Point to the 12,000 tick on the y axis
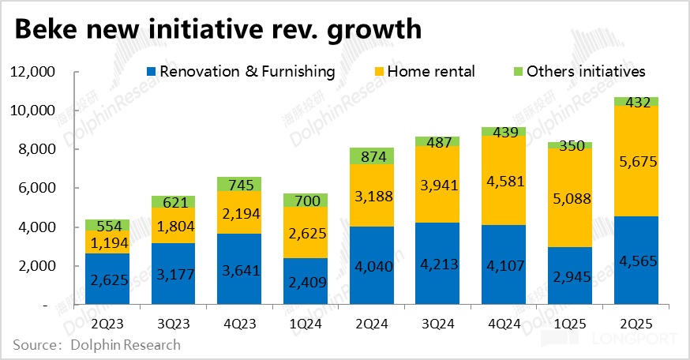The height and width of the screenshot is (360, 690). [x=31, y=72]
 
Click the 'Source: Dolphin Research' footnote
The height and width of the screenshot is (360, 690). [x=96, y=345]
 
